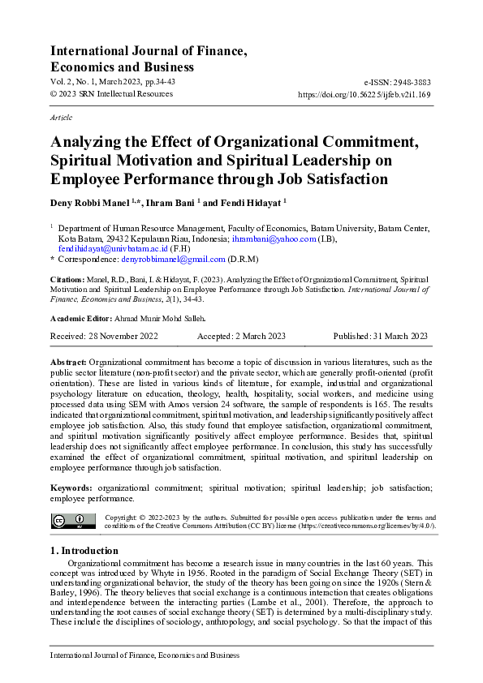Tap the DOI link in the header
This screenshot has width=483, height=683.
364,94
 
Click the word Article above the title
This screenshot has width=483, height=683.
61,118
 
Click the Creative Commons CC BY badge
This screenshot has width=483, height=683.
73,522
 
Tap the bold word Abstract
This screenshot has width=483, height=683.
68,361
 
